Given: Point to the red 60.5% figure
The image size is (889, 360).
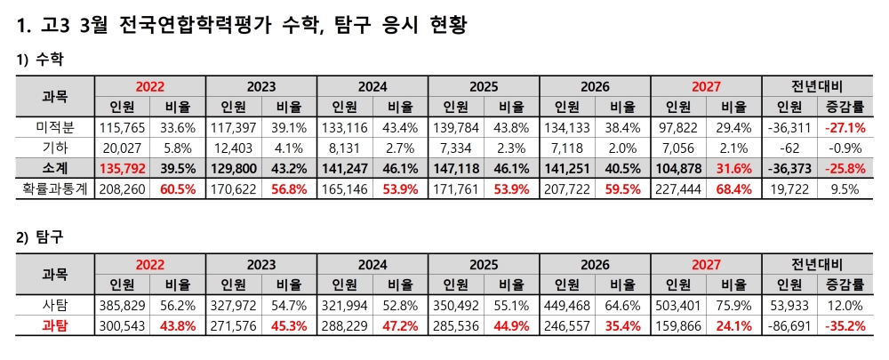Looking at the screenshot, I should pos(178,187).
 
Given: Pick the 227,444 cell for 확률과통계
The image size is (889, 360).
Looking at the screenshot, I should pos(677,187).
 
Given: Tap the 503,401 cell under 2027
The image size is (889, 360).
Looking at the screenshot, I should pos(677,305).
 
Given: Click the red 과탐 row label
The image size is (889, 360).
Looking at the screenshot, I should pos(55,325).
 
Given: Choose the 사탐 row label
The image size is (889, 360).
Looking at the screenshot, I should pos(55,305).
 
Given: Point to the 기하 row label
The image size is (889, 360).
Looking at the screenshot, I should pos(55,147).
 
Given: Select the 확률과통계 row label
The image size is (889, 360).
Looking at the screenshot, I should pos(55,187).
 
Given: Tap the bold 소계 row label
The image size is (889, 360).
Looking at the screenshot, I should pos(55,167).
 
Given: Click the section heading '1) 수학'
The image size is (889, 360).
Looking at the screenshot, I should pos(40,60).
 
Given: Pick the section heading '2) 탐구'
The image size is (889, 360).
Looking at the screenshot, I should pos(40,237).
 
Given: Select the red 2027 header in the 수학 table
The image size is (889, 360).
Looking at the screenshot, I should pos(706,87).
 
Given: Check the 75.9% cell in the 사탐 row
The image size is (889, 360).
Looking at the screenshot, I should pos(733,305).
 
